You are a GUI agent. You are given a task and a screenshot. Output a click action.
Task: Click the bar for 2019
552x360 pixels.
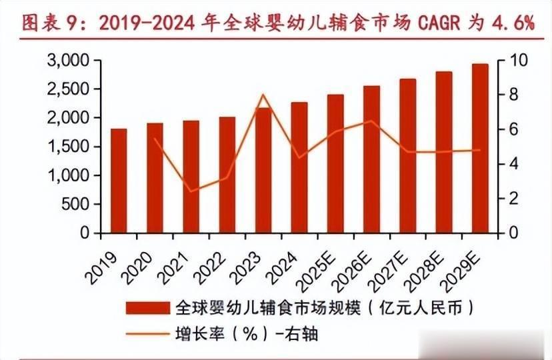[119, 181]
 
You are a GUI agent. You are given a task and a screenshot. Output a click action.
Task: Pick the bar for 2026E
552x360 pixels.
[371, 159]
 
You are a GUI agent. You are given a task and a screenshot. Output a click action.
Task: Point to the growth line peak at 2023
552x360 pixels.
[263, 95]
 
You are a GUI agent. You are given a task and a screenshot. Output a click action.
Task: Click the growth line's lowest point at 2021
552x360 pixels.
[191, 191]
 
